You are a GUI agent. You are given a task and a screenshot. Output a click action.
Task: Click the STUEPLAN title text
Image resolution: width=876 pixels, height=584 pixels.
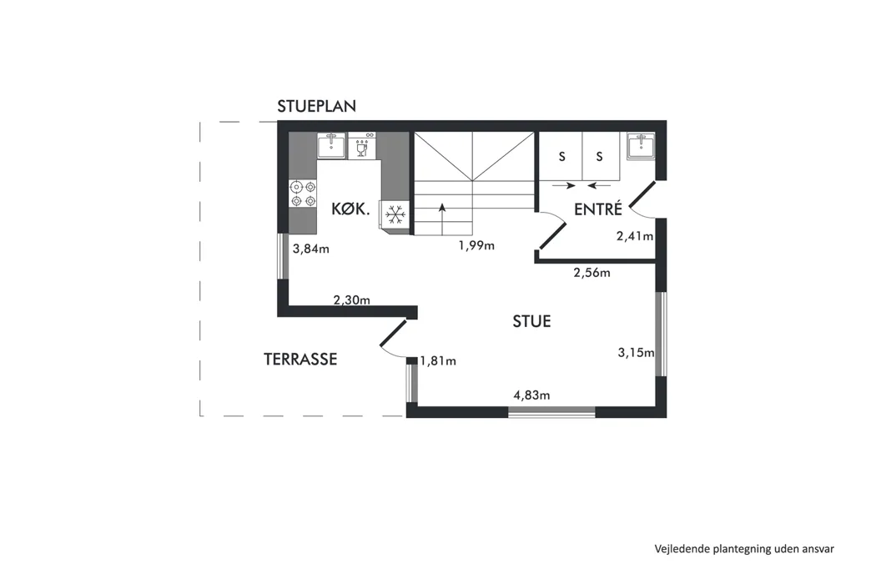317,106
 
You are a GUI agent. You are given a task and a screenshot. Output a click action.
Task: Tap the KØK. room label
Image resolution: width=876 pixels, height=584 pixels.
350,209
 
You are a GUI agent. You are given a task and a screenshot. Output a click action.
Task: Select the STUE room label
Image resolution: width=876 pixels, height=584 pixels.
532,321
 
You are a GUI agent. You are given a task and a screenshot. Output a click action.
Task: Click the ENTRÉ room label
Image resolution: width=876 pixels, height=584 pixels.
598,209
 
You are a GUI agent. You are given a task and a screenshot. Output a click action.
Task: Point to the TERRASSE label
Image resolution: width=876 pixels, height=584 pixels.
300,359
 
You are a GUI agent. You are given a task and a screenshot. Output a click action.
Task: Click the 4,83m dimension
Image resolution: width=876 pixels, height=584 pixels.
532,395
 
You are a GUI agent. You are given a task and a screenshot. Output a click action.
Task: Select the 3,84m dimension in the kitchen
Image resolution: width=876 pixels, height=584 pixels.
311,249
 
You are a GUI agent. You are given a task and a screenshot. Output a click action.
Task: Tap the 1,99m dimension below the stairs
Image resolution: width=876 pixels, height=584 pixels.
476,245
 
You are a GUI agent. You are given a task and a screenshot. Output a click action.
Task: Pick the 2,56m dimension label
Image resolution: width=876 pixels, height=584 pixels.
592,273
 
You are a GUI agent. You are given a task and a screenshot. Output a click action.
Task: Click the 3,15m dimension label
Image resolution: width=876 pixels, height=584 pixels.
636,353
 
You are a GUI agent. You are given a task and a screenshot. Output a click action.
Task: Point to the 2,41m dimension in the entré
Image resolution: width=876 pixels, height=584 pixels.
635,236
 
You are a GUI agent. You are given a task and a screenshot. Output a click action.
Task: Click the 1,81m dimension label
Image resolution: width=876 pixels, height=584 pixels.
438,361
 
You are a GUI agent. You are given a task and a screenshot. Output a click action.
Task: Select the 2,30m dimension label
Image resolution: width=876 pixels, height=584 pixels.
352,300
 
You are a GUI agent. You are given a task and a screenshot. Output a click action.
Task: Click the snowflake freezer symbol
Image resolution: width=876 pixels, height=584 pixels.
395,214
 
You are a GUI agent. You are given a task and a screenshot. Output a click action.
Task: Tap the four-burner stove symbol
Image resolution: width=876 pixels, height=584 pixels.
303,194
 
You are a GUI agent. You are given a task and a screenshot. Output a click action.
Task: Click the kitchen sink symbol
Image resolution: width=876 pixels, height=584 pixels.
332,145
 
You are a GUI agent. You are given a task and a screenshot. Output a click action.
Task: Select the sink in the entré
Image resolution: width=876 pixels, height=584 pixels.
641,147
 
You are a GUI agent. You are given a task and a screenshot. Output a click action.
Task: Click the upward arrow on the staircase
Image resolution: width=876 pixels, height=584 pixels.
442,219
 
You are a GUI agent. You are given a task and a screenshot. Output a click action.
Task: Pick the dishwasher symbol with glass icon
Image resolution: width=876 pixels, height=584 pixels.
361,145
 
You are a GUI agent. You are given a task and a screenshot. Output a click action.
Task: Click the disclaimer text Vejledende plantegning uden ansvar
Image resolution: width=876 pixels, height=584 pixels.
744,549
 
